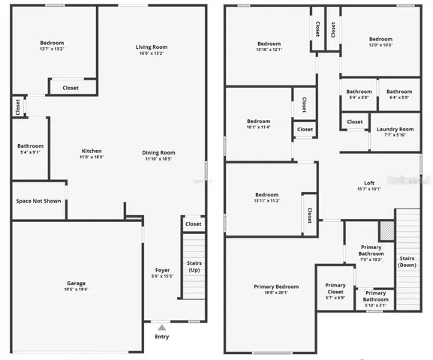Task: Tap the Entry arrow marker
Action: [x=162, y=327]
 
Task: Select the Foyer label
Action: [x=162, y=271]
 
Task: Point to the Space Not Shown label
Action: [x=38, y=201]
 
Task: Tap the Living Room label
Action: [x=151, y=47]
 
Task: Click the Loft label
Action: [x=369, y=182]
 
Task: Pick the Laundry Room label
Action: [x=395, y=129]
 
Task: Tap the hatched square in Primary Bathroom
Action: [x=386, y=229]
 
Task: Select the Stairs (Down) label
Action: [x=407, y=262]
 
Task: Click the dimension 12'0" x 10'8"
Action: [x=380, y=46]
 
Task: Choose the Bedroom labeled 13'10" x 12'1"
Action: [x=269, y=43]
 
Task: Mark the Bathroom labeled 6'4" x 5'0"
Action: [x=398, y=92]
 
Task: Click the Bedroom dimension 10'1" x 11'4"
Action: [x=258, y=127]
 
